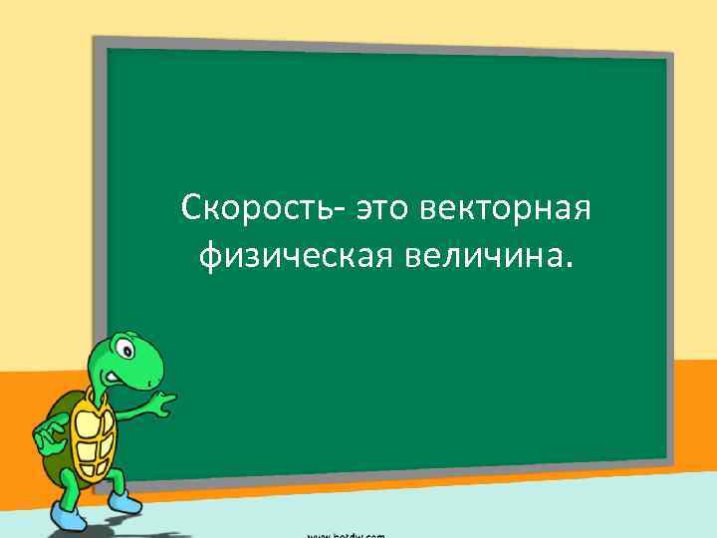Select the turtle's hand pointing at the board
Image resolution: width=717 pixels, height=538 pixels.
pyautogui.click(x=160, y=402)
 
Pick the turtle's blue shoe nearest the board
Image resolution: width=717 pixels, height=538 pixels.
pyautogui.click(x=123, y=499)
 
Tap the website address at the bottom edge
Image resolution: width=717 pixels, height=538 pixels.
pyautogui.click(x=345, y=534)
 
